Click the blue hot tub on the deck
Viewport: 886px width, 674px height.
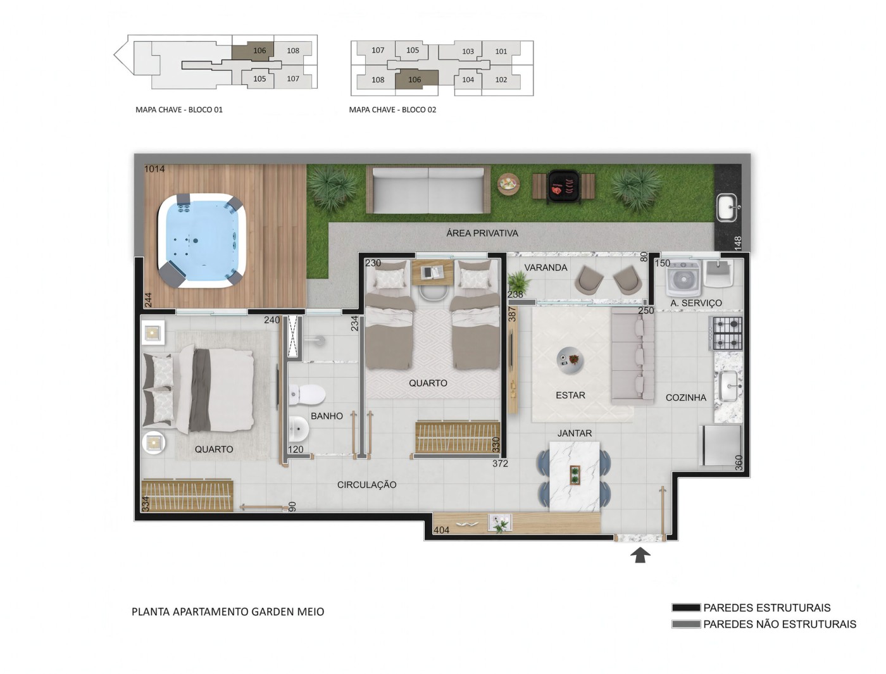click(x=201, y=240)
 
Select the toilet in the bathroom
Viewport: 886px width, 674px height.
click(x=306, y=395)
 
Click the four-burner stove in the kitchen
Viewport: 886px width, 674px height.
click(x=727, y=333)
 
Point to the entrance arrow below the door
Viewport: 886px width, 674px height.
click(x=640, y=555)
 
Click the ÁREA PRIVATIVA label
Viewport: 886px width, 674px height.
click(x=482, y=233)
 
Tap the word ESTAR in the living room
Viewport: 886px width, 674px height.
click(x=570, y=395)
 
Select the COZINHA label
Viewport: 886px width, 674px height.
click(x=685, y=397)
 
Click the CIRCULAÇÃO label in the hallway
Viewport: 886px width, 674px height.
click(x=366, y=485)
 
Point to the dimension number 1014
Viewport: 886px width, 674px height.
click(x=154, y=169)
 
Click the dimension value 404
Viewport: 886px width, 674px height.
click(x=441, y=530)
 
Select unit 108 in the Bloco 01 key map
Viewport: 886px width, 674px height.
click(x=292, y=51)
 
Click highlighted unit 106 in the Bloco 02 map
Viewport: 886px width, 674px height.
click(x=415, y=79)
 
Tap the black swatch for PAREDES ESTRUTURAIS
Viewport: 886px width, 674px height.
click(x=685, y=608)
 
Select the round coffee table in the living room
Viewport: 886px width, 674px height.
click(x=570, y=360)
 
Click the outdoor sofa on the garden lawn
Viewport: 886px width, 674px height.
click(x=428, y=190)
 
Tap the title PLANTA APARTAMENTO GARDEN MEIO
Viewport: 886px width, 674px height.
click(x=228, y=611)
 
